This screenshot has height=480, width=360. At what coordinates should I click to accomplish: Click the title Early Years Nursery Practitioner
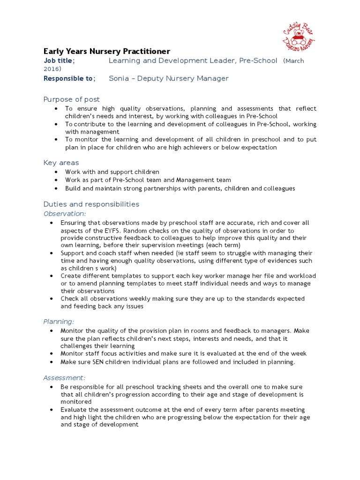coord(106,51)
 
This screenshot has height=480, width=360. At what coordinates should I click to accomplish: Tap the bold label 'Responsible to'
coord(68,78)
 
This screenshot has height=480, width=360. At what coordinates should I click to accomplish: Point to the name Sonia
coord(119,78)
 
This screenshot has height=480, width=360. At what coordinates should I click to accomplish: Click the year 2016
coord(52,69)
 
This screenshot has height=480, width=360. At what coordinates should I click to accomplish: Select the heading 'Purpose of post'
coord(71,99)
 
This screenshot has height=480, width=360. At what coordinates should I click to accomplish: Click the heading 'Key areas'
coord(61,163)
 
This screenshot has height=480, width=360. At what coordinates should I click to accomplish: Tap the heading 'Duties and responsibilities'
coord(91,204)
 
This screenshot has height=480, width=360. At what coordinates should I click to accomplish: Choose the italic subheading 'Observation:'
coord(65,213)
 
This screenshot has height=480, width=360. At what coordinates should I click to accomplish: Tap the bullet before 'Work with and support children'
coord(56,172)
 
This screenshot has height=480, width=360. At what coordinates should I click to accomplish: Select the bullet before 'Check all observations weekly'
coord(52,299)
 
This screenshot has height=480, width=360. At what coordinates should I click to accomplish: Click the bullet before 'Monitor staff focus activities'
coord(52,354)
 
